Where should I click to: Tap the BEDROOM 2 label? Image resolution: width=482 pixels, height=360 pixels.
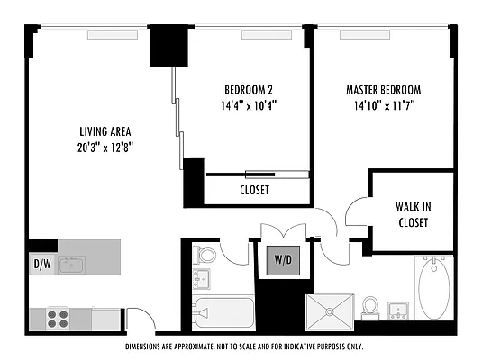click(x=248, y=90)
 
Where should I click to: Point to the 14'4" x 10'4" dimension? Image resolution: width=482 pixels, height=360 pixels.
click(x=248, y=104)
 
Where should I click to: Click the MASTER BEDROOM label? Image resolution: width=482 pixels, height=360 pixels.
click(x=384, y=90)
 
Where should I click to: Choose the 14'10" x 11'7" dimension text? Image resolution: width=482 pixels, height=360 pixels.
click(x=384, y=104)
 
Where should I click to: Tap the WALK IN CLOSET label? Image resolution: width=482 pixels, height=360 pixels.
click(x=413, y=214)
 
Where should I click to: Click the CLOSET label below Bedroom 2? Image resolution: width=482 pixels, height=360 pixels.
click(x=254, y=191)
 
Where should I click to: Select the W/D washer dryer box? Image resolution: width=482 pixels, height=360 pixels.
click(x=284, y=261)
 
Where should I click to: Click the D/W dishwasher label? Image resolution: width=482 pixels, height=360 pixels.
click(x=42, y=265)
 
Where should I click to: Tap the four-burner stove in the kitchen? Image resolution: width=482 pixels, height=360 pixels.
click(x=58, y=318)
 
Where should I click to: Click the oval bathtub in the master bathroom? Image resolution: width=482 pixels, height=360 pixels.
click(x=434, y=288)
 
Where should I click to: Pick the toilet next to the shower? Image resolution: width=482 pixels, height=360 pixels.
click(x=368, y=306)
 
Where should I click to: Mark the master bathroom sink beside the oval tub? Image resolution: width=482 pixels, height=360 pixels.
click(x=398, y=311)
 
